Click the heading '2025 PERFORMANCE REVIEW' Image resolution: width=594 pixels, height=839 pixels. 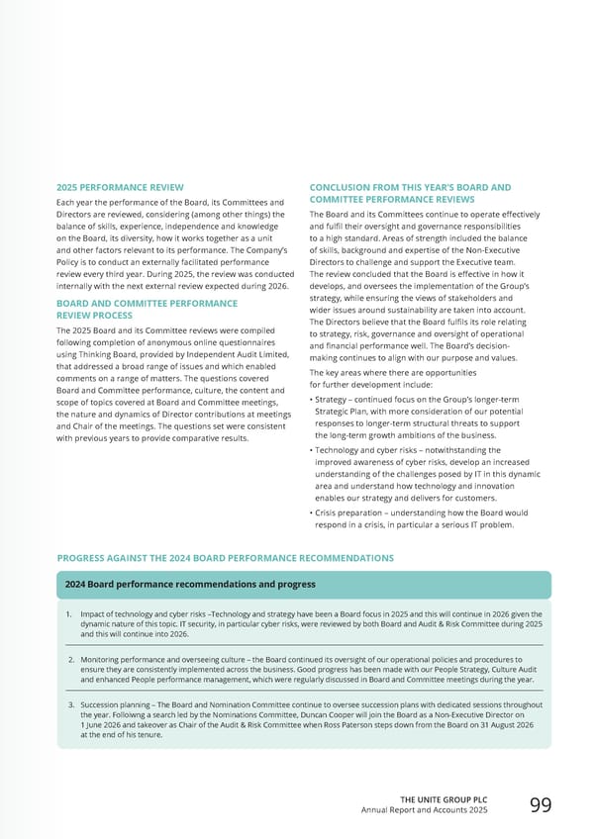(114, 187)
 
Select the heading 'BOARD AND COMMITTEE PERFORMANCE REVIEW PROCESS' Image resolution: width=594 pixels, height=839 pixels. (147, 310)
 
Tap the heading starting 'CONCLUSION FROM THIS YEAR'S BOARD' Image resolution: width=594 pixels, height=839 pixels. (410, 193)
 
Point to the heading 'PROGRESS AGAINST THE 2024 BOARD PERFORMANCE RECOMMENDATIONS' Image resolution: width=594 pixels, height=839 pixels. (225, 558)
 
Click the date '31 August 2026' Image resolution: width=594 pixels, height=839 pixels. (507, 724)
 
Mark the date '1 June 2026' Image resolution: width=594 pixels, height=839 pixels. (103, 724)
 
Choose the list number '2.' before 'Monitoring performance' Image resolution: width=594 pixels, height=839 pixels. (71, 658)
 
